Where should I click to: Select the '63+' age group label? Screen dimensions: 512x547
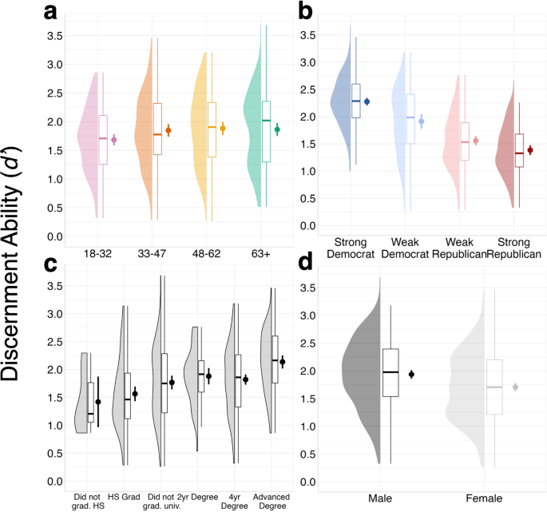click(260, 253)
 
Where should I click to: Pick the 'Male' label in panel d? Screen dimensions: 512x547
click(380, 499)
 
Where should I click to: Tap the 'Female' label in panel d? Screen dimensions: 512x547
click(486, 499)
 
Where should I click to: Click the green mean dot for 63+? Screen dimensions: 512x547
click(277, 129)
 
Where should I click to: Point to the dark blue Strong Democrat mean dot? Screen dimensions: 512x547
click(367, 101)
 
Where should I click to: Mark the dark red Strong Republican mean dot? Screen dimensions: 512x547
click(529, 150)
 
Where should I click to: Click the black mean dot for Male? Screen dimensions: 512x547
click(411, 374)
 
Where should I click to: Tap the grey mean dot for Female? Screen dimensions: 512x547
click(515, 387)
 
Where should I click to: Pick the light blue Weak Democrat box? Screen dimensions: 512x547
click(410, 119)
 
